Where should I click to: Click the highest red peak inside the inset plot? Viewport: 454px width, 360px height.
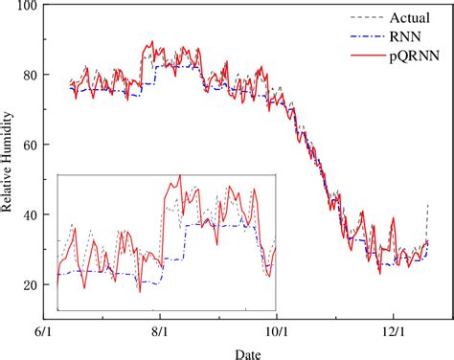[179, 176]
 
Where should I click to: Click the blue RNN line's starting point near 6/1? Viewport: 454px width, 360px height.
[71, 88]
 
